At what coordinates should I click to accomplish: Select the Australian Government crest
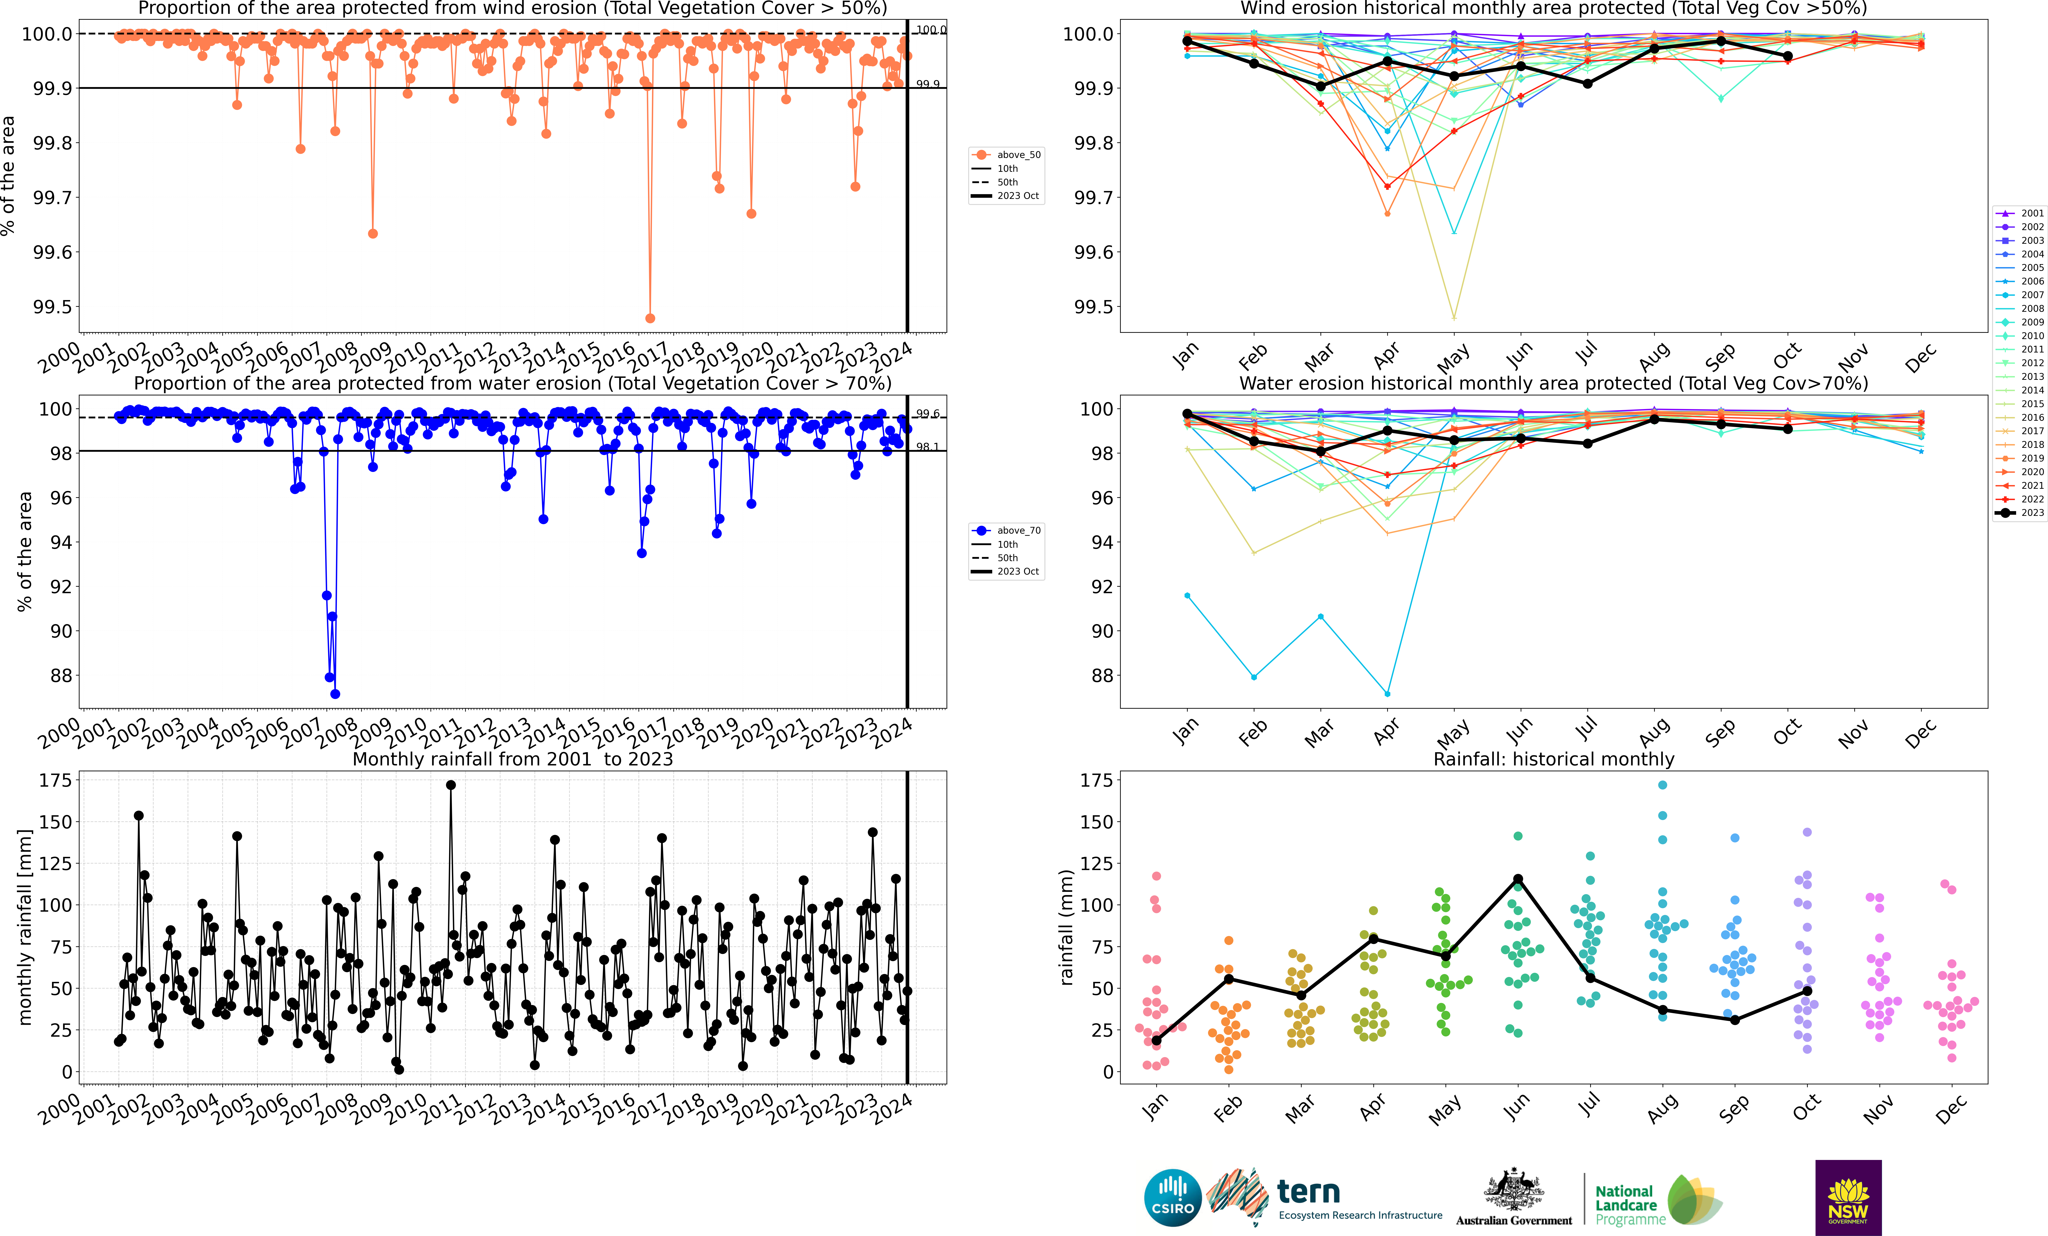tap(1514, 1190)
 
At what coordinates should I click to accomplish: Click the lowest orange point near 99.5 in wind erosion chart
tap(650, 318)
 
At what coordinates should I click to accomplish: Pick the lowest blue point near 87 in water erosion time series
tap(335, 694)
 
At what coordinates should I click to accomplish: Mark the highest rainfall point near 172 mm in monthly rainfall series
tap(450, 785)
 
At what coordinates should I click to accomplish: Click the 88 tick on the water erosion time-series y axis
tap(61, 676)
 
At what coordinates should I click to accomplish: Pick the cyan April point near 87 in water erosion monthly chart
tap(1387, 694)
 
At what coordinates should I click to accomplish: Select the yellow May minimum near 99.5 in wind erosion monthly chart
tap(1454, 318)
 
